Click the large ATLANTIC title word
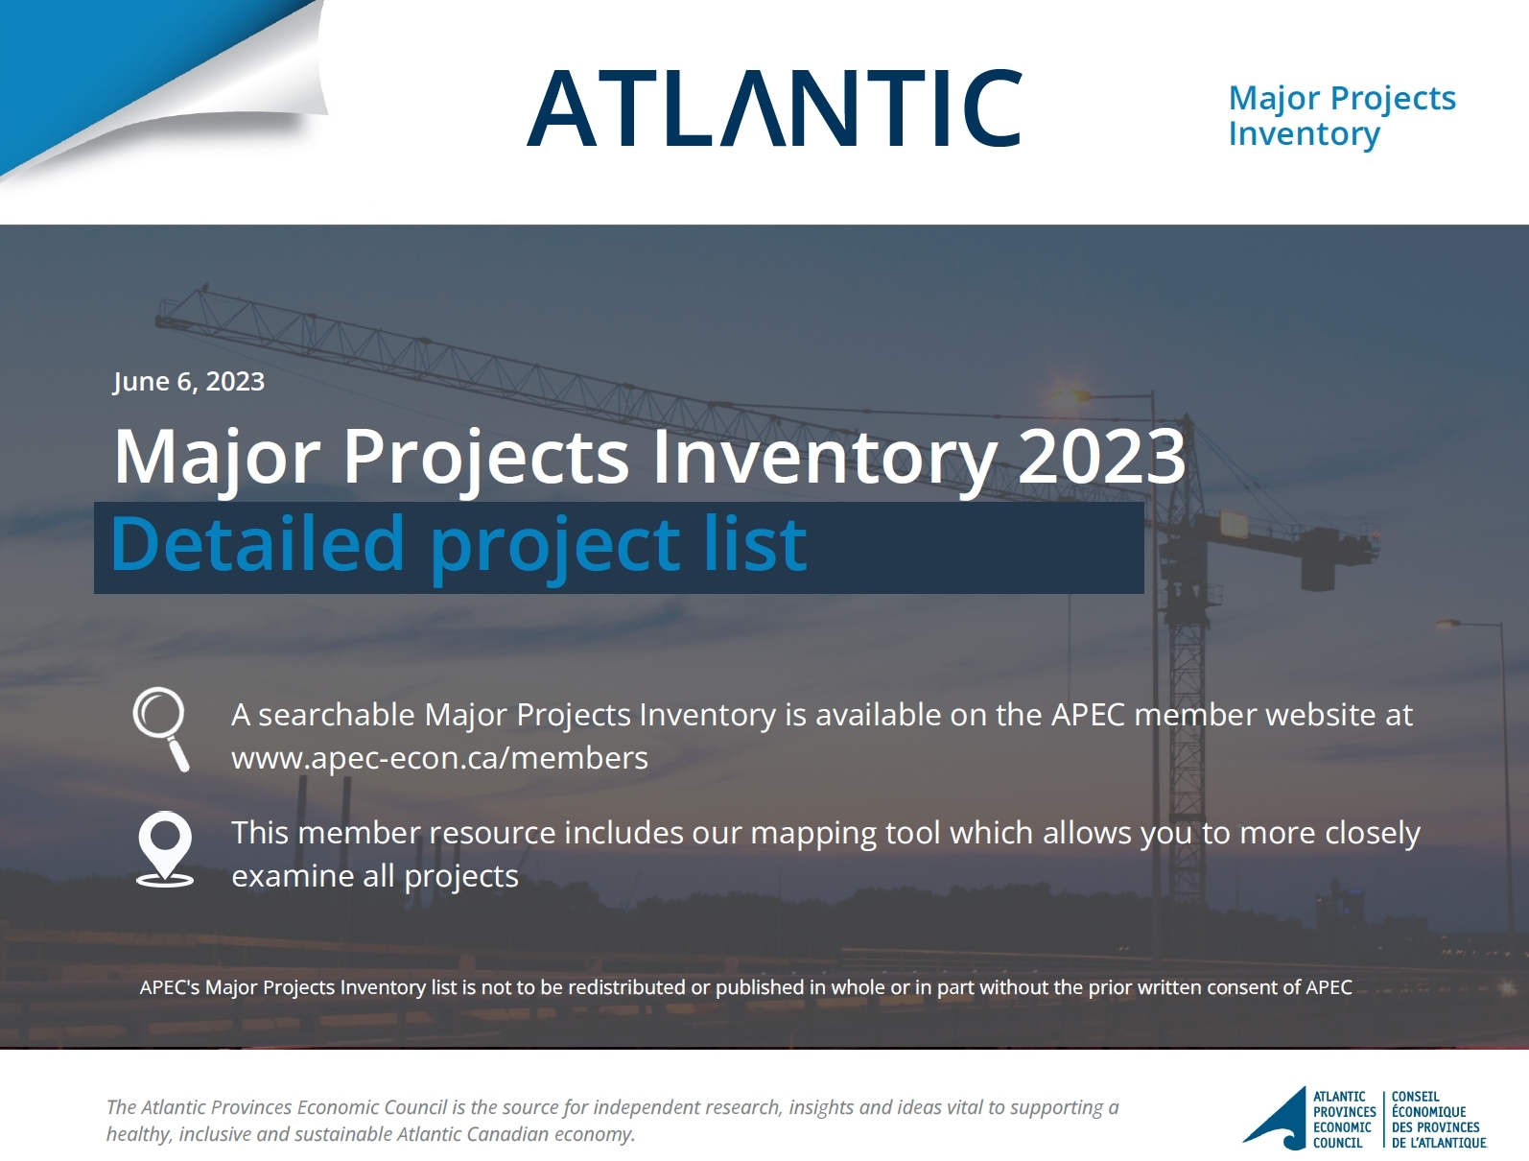(774, 107)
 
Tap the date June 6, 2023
(189, 382)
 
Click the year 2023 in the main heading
(1102, 456)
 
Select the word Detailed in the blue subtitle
(257, 543)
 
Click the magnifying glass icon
(161, 728)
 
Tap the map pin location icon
(164, 849)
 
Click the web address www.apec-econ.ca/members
(439, 758)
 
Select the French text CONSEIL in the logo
(1415, 1096)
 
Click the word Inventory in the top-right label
(1304, 133)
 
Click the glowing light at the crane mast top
(1065, 399)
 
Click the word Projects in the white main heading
(485, 457)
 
